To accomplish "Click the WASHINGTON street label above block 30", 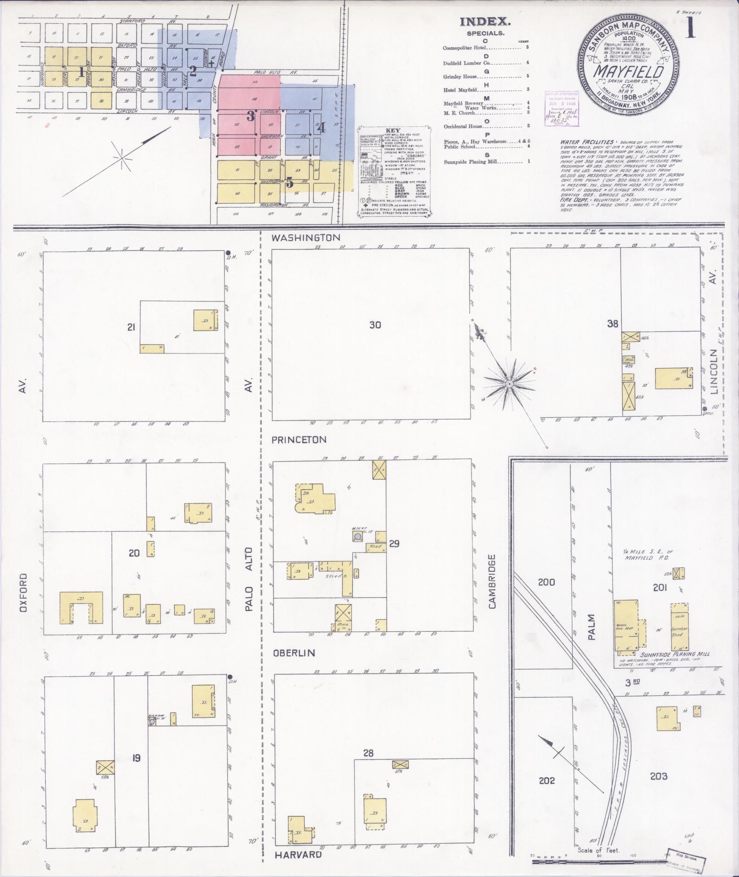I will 307,237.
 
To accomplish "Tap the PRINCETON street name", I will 299,439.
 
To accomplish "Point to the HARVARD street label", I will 298,855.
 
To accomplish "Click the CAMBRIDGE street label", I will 493,581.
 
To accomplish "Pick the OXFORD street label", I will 24,592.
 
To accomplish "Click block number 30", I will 375,325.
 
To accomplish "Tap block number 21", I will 132,327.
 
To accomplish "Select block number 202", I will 547,780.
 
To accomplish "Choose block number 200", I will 547,582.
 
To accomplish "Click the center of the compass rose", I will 509,383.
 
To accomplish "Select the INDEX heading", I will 485,22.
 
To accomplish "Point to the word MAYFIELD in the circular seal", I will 629,72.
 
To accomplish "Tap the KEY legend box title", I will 394,130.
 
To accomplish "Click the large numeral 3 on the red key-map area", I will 251,116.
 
